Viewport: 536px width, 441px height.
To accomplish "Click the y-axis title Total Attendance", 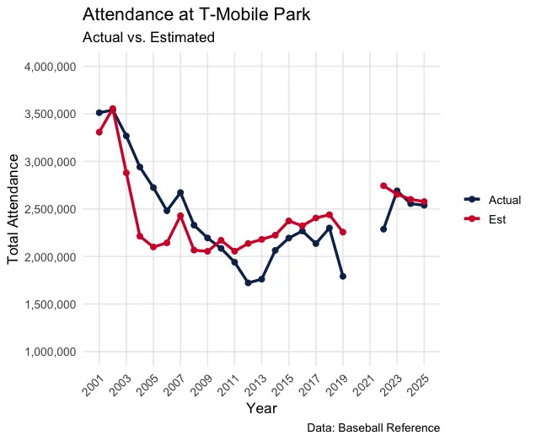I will click(x=14, y=208).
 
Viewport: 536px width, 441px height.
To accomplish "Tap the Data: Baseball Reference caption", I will click(x=373, y=428).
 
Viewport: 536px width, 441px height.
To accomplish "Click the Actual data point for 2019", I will click(x=343, y=276).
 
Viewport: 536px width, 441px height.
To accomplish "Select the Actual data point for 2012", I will click(x=248, y=282).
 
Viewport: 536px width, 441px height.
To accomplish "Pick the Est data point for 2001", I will click(x=99, y=132).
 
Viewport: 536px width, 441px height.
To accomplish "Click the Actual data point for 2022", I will click(x=383, y=229).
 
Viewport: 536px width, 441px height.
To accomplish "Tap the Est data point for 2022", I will click(x=383, y=186).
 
